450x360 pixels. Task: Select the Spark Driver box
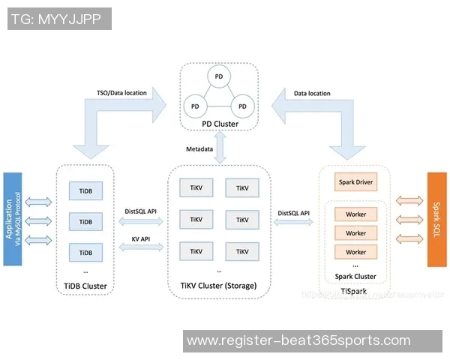[355, 182]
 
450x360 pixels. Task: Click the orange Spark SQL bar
[436, 219]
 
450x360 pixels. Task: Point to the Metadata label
[200, 149]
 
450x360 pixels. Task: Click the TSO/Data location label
[121, 93]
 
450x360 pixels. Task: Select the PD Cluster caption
[219, 124]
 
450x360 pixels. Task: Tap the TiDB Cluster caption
[85, 286]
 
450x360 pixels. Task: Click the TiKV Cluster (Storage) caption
[218, 286]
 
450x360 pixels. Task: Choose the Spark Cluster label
[355, 276]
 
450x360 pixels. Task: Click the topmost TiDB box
[85, 190]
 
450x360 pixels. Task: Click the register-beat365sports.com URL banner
[298, 340]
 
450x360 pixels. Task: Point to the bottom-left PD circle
[195, 103]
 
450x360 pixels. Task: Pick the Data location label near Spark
[312, 93]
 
